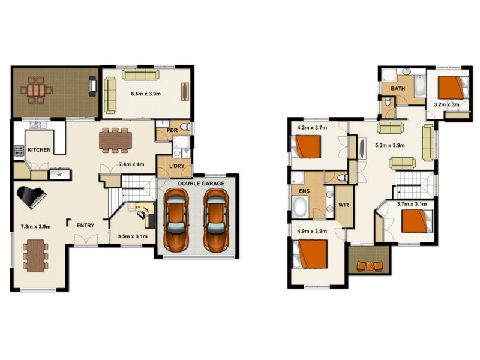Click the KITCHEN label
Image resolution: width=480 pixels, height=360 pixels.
click(x=39, y=150)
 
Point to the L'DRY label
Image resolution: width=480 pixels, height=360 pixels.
click(x=176, y=166)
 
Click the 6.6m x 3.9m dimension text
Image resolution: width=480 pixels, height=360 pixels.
click(x=145, y=94)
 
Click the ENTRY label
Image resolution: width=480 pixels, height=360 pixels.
click(x=85, y=225)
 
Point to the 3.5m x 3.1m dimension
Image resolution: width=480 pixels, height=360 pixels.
click(x=132, y=236)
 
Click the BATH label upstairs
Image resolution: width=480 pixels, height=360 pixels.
click(x=398, y=89)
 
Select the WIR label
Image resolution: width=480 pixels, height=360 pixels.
click(x=344, y=204)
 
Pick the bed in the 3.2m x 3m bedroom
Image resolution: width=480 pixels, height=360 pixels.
click(x=452, y=88)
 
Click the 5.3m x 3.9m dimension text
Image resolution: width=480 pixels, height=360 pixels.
click(x=389, y=145)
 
